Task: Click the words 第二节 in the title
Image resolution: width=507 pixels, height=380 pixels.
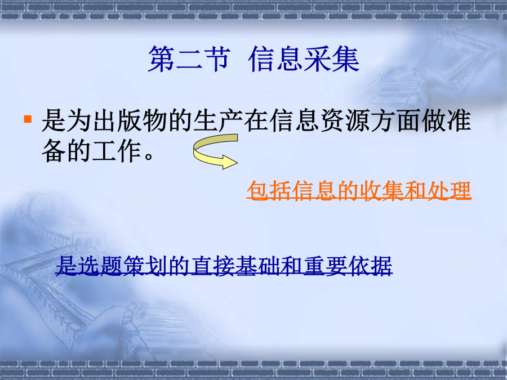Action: tap(189, 59)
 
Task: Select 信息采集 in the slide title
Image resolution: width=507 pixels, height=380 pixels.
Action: tap(304, 59)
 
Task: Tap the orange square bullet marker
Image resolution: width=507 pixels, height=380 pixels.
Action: tap(28, 119)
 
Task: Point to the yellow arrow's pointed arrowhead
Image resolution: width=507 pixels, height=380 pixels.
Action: tap(237, 162)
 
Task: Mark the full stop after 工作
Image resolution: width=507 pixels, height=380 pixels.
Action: tap(149, 157)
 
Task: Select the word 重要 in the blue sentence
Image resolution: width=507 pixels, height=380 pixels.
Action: tap(325, 266)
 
